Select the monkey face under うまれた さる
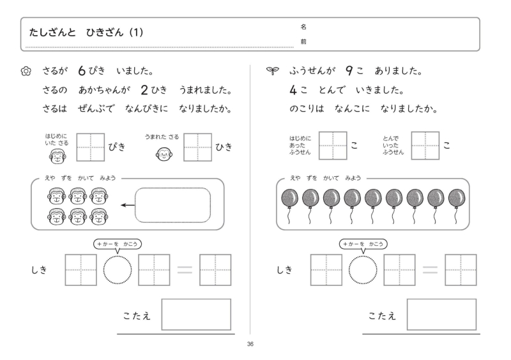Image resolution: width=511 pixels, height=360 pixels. [x=164, y=154]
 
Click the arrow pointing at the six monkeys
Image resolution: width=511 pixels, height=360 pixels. [x=126, y=205]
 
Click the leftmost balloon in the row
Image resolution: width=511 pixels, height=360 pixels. [x=289, y=199]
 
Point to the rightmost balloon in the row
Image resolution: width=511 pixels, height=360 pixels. [x=457, y=199]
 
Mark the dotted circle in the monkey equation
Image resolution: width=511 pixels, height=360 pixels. [x=118, y=270]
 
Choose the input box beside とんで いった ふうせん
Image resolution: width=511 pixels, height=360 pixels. [x=425, y=146]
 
